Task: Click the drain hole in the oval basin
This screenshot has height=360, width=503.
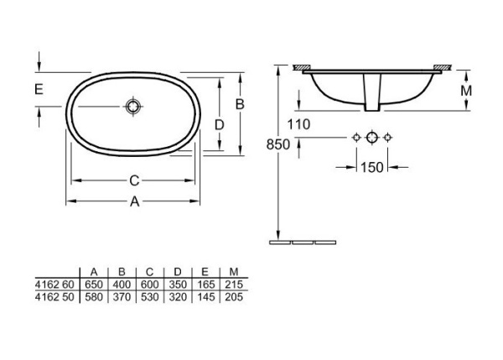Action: [x=132, y=107]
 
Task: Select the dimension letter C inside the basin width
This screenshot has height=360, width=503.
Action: [x=133, y=180]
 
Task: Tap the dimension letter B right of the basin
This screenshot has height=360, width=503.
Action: [x=239, y=104]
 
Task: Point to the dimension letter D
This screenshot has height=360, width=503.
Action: [x=220, y=124]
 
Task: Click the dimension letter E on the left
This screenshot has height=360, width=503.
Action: [x=39, y=88]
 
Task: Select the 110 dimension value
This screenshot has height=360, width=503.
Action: [x=298, y=125]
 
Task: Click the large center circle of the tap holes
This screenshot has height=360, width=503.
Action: [x=372, y=136]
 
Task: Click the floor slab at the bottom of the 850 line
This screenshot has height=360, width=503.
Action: [x=303, y=241]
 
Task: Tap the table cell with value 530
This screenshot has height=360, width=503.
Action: [x=149, y=297]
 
